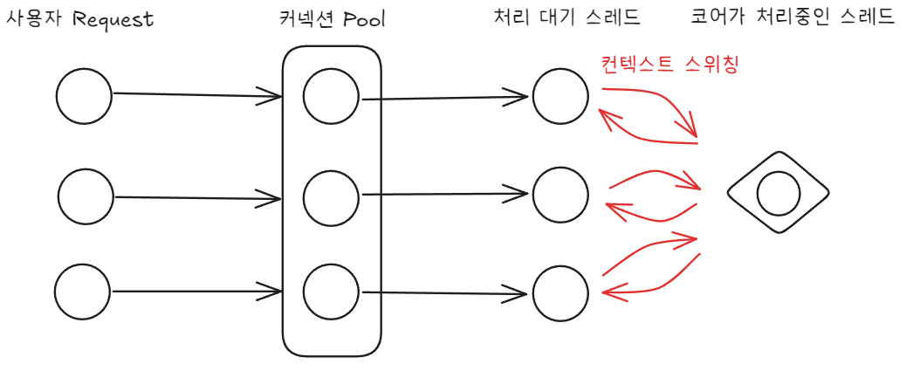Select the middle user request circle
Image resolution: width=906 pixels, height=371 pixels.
pos(86,197)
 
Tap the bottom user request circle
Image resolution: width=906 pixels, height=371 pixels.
pos(83,292)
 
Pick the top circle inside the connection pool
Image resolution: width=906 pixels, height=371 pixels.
pos(332,95)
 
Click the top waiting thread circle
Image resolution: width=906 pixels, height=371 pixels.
pos(560,95)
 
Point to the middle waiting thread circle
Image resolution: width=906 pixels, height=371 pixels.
pos(560,194)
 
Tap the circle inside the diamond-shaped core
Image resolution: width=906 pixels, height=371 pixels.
pos(778,194)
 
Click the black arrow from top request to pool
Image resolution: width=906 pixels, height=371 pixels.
pos(196,93)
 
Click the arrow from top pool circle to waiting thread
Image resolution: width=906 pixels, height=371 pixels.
pos(445,97)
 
